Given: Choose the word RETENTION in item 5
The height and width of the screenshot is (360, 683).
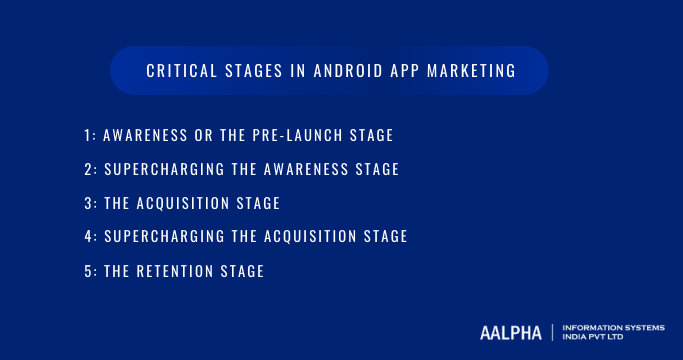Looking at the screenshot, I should (x=180, y=270).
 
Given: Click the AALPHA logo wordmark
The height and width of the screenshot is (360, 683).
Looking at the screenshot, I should (x=511, y=330).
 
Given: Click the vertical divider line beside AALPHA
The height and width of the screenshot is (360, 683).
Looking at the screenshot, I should (x=553, y=330).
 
